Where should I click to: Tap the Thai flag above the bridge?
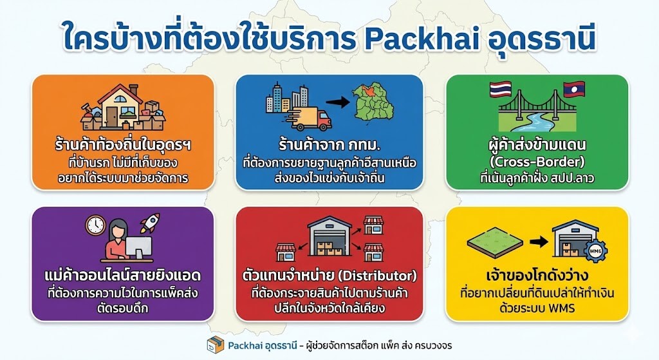[501, 90]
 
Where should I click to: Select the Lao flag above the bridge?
[574, 90]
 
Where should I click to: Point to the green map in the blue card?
[373, 102]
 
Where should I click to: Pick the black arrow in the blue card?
[337, 102]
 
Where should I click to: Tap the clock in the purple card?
[96, 225]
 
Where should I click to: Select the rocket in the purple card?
[150, 223]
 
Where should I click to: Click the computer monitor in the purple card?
[139, 248]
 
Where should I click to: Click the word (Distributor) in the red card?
[377, 276]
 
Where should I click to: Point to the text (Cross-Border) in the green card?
[537, 162]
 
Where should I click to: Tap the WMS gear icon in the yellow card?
[595, 251]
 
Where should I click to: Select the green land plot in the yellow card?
[495, 243]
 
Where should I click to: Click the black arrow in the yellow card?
[539, 242]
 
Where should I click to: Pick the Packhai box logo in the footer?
[216, 345]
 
